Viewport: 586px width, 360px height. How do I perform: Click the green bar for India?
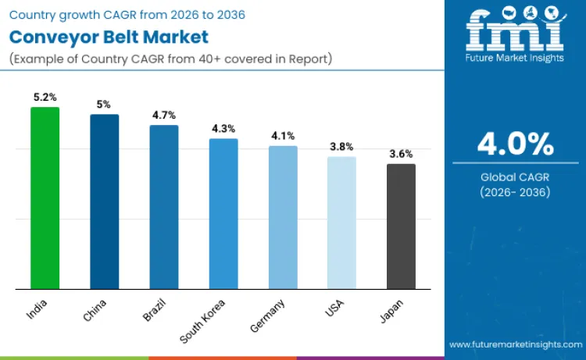click(45, 198)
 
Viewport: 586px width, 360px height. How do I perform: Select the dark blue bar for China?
click(104, 202)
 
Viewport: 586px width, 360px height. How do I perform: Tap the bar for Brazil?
click(164, 208)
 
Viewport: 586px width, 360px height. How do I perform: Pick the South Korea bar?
click(223, 214)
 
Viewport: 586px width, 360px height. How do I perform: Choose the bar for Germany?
click(283, 218)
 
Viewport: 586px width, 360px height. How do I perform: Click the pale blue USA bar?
click(341, 223)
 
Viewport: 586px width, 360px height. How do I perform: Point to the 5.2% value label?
click(45, 97)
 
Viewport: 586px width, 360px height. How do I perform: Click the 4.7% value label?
click(164, 115)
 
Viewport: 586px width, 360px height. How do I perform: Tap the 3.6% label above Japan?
click(401, 154)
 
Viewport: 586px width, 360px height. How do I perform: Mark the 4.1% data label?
click(283, 135)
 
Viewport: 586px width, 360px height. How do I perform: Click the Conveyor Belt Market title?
click(109, 37)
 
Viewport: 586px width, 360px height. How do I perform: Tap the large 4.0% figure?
click(515, 144)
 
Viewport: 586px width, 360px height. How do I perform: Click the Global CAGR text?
click(515, 177)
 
